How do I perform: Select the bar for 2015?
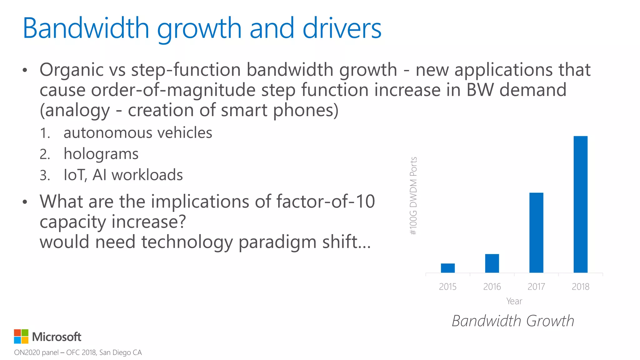(447, 268)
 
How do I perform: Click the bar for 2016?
(492, 263)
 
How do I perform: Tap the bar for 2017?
(536, 232)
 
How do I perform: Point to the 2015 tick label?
(447, 287)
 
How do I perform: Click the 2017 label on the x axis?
(536, 287)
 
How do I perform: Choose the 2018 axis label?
(580, 287)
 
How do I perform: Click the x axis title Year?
(514, 301)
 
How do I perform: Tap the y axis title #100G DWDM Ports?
(413, 196)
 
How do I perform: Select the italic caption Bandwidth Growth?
(513, 321)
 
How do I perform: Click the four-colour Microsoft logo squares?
(21, 337)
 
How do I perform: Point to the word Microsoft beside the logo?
(57, 337)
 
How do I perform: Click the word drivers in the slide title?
(342, 28)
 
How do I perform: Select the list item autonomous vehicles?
(138, 133)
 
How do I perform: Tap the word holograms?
(101, 154)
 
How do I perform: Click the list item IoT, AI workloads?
(123, 175)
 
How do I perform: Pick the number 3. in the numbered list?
(45, 175)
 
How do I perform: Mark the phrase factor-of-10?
(325, 202)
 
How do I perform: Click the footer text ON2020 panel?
(36, 352)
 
